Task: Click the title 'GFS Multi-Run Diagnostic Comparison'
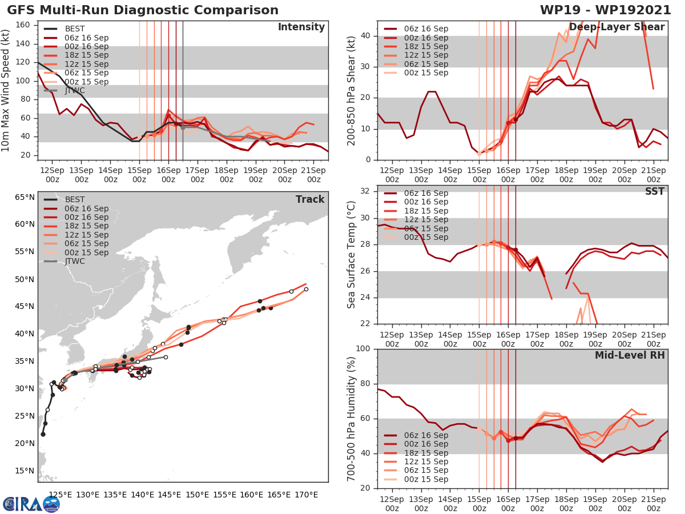pos(143,10)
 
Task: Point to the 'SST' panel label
pos(655,191)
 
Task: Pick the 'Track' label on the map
pos(310,199)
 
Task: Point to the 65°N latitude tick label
pos(25,197)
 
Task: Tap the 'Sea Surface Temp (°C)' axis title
pos(351,255)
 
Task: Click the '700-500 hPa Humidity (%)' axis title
pos(351,419)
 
